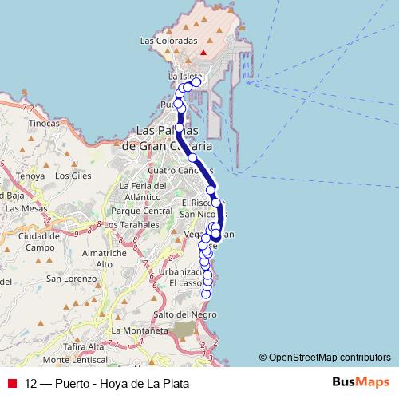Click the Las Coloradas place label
168,40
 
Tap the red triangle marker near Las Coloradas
204,53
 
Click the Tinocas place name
43,124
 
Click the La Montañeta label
140,330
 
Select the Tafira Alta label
85,346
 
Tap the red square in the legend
12,383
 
